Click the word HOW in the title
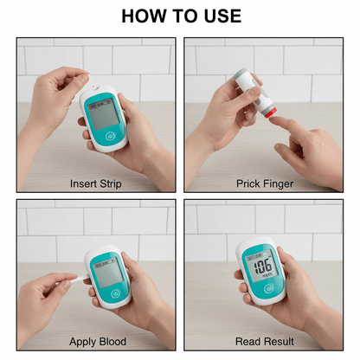click(x=144, y=16)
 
